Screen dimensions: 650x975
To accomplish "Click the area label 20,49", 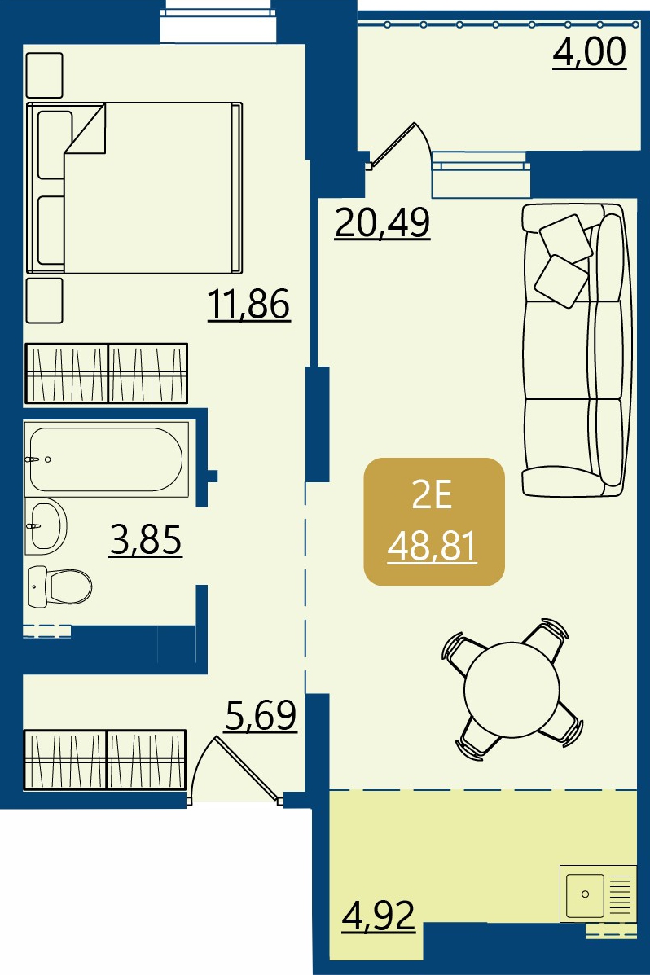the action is pos(382,222).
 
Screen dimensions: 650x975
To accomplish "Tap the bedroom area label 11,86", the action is pos(248,304).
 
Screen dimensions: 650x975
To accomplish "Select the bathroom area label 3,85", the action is pos(146,539).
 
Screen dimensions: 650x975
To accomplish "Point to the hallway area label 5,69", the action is pos(261,715).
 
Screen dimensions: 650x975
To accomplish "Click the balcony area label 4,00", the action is pos(590,51).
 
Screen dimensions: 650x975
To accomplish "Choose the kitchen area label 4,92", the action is pos(378,916).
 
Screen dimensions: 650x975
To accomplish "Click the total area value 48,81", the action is pos(432,547).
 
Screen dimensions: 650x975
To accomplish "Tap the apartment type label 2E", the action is pos(432,496).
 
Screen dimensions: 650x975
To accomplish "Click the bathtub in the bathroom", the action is pos(107,459).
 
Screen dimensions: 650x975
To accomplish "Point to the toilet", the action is pos(59,586).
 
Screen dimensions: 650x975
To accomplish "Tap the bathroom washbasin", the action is pos(46,526).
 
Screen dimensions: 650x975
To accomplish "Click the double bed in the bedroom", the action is pos(134,188).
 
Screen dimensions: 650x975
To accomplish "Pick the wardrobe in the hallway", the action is pos(105,760).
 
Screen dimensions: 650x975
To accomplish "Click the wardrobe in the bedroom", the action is pos(107,374).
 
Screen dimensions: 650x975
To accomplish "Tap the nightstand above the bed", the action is pos(44,75).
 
